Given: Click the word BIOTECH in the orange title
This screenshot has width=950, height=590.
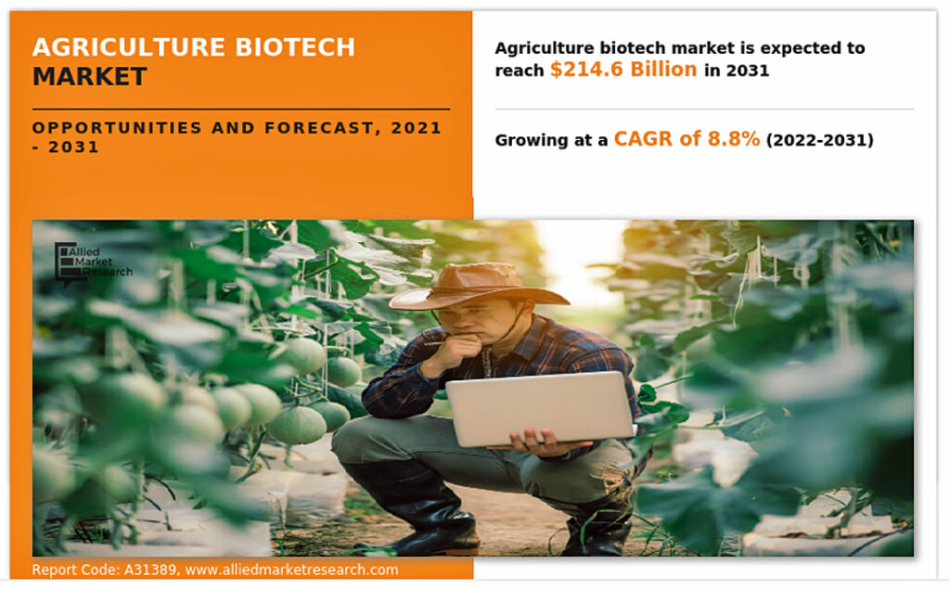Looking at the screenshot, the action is [x=295, y=47].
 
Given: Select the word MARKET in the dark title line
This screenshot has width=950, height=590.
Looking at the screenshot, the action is [x=90, y=77].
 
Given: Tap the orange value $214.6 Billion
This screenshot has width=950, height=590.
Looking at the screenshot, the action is [x=623, y=70].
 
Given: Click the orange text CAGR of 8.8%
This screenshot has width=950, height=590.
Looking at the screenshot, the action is [x=687, y=139].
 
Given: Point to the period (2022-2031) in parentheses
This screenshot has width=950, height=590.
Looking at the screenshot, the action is [x=820, y=140].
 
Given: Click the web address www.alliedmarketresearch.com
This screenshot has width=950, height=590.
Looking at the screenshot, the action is [x=291, y=570].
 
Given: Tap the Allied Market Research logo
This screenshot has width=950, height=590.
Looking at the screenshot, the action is [x=93, y=262].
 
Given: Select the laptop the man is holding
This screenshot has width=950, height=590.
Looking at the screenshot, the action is [x=540, y=408].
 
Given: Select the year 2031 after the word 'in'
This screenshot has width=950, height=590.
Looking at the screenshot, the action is [x=748, y=71].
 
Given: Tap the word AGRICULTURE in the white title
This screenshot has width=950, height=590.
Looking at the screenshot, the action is [x=129, y=47].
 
